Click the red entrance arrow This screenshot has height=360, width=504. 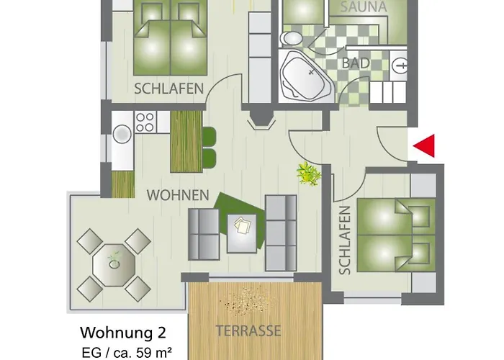(x=426, y=146)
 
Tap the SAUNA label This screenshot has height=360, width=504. (x=364, y=7)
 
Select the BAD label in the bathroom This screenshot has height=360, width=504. (x=356, y=63)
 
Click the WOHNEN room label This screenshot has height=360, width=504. (x=178, y=194)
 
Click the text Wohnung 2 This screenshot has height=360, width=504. (x=122, y=313)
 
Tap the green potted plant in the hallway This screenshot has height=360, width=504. (x=309, y=174)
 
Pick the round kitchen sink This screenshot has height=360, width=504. (x=122, y=134)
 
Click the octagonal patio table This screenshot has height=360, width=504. (x=114, y=264)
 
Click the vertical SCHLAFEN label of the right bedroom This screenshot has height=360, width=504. (x=344, y=240)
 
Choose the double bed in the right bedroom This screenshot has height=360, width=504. (x=395, y=234)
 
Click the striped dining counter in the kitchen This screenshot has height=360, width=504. (x=184, y=140)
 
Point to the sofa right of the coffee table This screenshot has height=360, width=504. (x=281, y=232)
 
